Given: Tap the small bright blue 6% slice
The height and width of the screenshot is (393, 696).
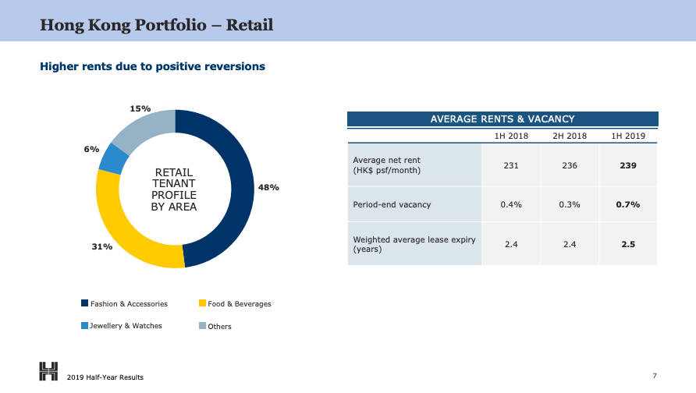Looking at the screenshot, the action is point(113,159).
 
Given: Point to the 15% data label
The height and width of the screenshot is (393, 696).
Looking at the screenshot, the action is point(140,108).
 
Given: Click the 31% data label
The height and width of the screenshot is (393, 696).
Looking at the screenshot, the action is point(102,246).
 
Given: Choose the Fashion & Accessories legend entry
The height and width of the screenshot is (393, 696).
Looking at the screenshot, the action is point(124,304).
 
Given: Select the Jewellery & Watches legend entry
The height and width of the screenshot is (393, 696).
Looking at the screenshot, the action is point(122,326).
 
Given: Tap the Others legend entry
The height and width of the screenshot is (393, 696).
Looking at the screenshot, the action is point(215,326).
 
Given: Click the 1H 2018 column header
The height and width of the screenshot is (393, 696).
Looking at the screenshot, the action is point(511,136).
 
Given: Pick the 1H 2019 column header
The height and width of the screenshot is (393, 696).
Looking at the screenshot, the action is point(628,136).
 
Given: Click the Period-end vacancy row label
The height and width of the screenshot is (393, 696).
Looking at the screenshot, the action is point(392,204).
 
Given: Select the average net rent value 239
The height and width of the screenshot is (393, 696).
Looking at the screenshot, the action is point(628,165).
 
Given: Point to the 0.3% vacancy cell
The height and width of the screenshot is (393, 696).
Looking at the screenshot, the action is point(570,204).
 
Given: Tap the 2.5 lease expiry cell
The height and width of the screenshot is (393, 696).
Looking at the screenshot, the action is point(628,244).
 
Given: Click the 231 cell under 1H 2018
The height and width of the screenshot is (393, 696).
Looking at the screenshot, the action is point(511,165).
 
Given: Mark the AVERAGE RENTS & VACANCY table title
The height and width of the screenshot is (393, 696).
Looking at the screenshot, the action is point(502,119).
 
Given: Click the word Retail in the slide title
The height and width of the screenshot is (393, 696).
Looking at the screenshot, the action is point(250,25).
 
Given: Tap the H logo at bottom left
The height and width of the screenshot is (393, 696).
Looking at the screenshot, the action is point(48,371).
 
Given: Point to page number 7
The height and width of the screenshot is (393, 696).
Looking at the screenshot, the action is point(655,376).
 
